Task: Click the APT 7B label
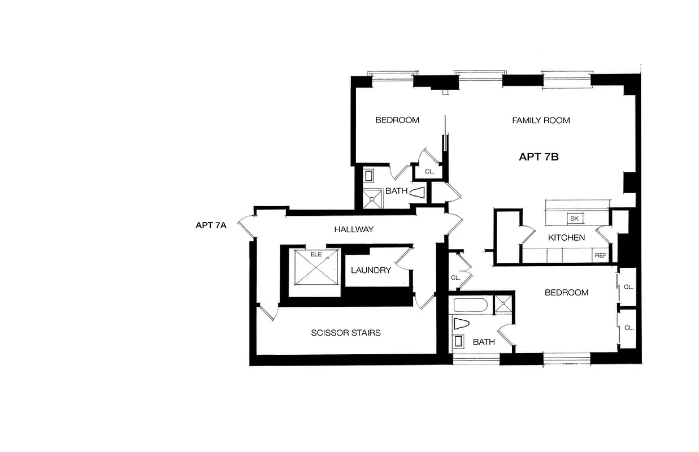coord(539,157)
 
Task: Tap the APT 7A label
coord(211,225)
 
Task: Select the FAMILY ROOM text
coord(541,120)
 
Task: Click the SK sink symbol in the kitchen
coord(575,219)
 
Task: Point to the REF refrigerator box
coord(600,256)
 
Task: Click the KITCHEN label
coord(566,237)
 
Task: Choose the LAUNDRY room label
coord(371,270)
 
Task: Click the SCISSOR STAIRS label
coord(345,333)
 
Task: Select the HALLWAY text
coord(354,229)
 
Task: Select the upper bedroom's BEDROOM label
coord(397,120)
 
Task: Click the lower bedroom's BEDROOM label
coord(566,293)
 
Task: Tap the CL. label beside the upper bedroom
coord(429,171)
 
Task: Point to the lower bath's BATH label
coord(484,342)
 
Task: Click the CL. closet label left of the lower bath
coord(455,278)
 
